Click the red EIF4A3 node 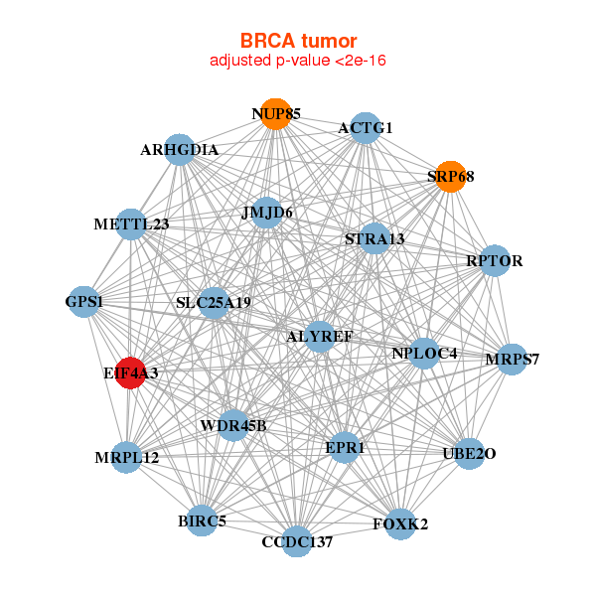click(131, 372)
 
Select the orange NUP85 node click(275, 114)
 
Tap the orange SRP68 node click(451, 177)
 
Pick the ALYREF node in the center click(319, 337)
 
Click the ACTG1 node click(366, 127)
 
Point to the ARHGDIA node click(179, 150)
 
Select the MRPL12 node click(127, 458)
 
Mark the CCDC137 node click(297, 541)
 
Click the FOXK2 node click(400, 522)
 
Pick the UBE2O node click(469, 454)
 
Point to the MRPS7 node click(512, 359)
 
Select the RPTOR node click(495, 261)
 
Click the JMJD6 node click(266, 213)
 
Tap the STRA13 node click(374, 238)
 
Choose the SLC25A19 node click(214, 302)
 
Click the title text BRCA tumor click(298, 41)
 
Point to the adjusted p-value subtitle click(298, 61)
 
